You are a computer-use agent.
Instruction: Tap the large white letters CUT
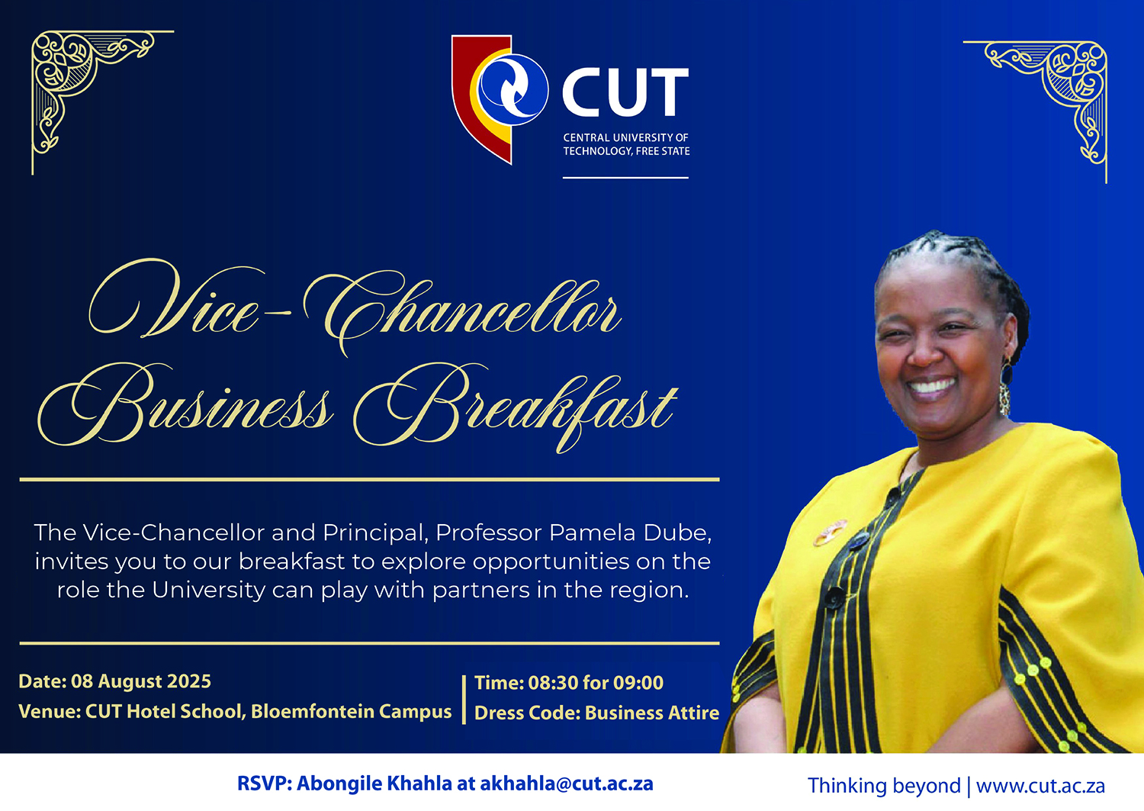pyautogui.click(x=625, y=92)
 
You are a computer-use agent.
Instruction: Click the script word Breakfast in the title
pyautogui.click(x=516, y=409)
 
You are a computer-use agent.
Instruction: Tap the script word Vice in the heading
pyautogui.click(x=174, y=301)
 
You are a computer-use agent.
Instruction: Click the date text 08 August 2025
pyautogui.click(x=141, y=681)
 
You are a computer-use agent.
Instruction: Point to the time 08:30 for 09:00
pyautogui.click(x=596, y=683)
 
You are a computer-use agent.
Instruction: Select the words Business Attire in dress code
pyautogui.click(x=651, y=713)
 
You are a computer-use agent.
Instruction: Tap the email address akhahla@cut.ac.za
pyautogui.click(x=567, y=784)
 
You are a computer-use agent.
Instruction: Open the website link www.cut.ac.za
pyautogui.click(x=1040, y=786)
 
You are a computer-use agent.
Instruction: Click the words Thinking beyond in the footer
pyautogui.click(x=884, y=786)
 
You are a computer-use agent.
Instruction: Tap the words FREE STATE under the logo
pyautogui.click(x=663, y=151)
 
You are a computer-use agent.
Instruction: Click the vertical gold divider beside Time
pyautogui.click(x=464, y=700)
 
